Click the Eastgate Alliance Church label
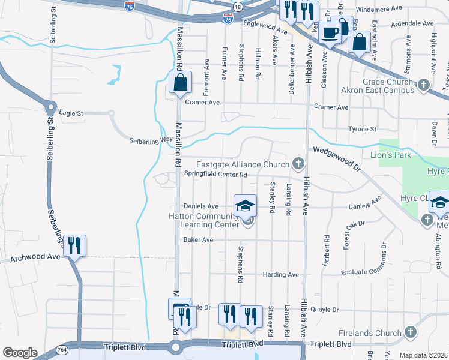pyautogui.click(x=243, y=164)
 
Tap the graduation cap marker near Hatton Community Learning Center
pyautogui.click(x=246, y=206)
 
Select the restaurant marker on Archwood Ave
pyautogui.click(x=75, y=246)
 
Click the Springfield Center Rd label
pyautogui.click(x=215, y=175)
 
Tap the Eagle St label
pyautogui.click(x=71, y=112)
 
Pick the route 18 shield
pyautogui.click(x=239, y=7)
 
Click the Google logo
pyautogui.click(x=20, y=353)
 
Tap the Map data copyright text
pyautogui.click(x=423, y=355)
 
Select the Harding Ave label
pyautogui.click(x=280, y=275)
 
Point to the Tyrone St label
pyautogui.click(x=362, y=129)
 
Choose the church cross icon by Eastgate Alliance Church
pyautogui.click(x=298, y=164)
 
